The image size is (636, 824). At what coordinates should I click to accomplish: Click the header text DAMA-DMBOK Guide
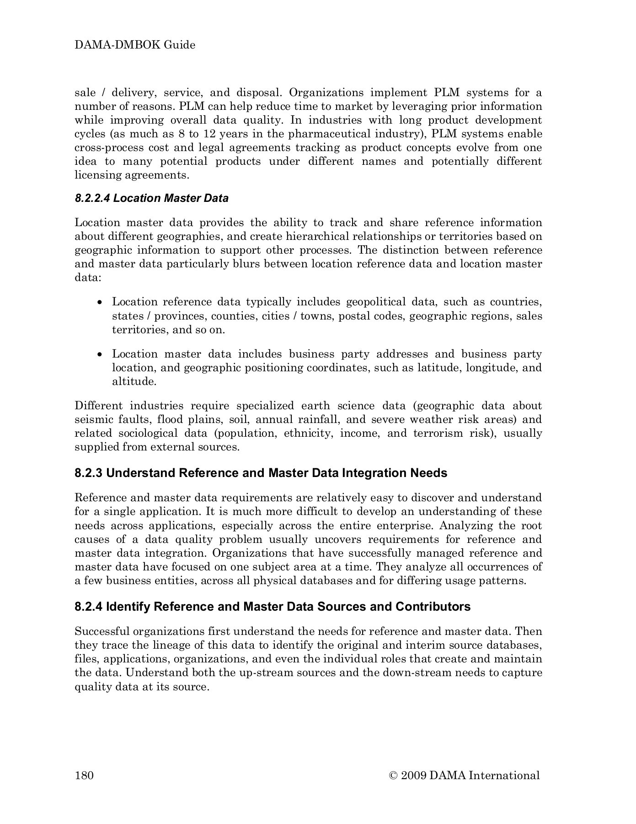(135, 45)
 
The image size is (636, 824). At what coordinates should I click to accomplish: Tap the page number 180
(84, 775)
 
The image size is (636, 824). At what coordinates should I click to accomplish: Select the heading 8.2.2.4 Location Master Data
(151, 198)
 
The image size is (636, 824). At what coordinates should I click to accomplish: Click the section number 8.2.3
(89, 473)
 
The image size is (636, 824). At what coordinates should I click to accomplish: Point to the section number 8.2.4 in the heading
(89, 607)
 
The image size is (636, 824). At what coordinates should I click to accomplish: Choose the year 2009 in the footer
(413, 775)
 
